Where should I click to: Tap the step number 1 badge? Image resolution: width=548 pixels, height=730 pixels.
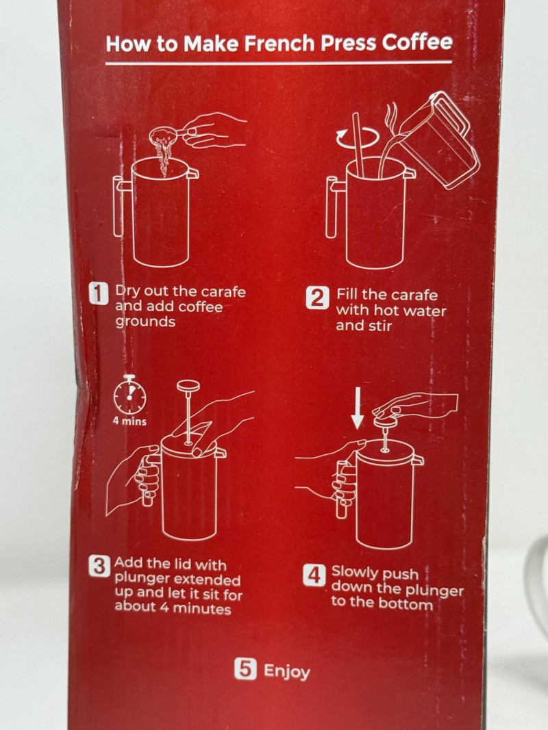pyautogui.click(x=99, y=294)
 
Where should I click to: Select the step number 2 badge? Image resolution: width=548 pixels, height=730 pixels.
pyautogui.click(x=317, y=298)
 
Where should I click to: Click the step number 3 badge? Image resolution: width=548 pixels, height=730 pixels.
pyautogui.click(x=99, y=566)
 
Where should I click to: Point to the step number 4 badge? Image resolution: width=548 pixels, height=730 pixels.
pyautogui.click(x=314, y=576)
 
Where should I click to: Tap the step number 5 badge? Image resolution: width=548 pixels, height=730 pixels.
pyautogui.click(x=245, y=668)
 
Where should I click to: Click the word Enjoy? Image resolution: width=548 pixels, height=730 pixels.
pyautogui.click(x=286, y=671)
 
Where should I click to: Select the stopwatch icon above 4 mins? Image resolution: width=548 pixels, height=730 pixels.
pyautogui.click(x=130, y=395)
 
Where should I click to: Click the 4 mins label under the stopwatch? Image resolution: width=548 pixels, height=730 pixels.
pyautogui.click(x=129, y=421)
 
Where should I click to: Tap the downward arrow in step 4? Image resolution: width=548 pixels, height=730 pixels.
pyautogui.click(x=358, y=408)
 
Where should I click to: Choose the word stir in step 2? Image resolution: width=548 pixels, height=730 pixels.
pyautogui.click(x=379, y=326)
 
